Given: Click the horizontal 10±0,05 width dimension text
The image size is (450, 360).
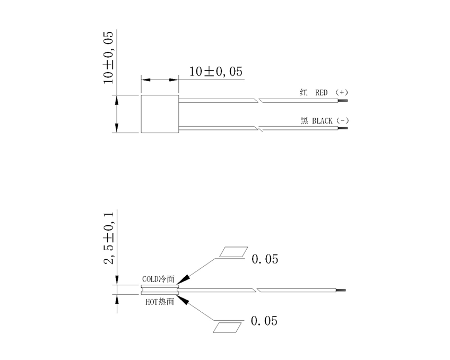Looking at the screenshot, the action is (x=215, y=72).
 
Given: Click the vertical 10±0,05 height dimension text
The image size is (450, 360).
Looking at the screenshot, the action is (x=108, y=58).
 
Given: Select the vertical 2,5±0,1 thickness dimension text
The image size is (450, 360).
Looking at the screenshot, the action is (x=109, y=238).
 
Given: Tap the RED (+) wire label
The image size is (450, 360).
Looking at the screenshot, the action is (x=324, y=92).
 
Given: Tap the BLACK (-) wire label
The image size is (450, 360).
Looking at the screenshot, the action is (x=325, y=121).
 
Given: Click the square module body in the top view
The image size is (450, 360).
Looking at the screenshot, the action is (x=160, y=114).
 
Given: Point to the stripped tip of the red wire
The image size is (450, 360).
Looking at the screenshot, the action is (x=343, y=100).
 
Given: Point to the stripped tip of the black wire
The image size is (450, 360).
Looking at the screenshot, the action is (x=343, y=128).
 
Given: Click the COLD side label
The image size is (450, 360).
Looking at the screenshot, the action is (x=158, y=279).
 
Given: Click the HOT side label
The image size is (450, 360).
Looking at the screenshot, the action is (x=160, y=302).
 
